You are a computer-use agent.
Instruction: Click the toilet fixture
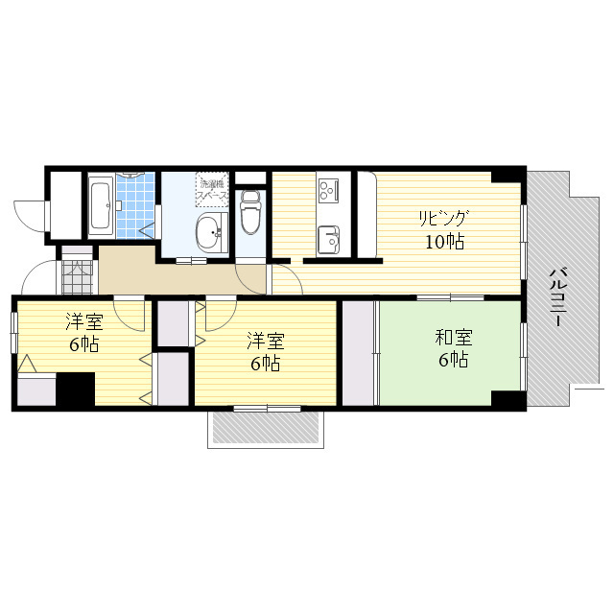(x=250, y=212)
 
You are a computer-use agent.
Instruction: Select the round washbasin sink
(x=212, y=232)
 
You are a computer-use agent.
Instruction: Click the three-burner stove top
(x=328, y=191)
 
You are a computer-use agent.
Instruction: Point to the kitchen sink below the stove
(x=328, y=240)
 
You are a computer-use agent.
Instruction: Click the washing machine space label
(x=212, y=189)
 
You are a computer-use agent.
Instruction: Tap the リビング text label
(x=443, y=218)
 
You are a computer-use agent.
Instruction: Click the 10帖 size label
(x=445, y=242)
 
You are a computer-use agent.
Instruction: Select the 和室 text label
(x=454, y=338)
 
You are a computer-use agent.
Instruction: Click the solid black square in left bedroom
(x=76, y=389)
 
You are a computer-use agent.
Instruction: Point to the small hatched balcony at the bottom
(x=266, y=427)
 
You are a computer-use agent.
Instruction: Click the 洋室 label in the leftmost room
(x=84, y=321)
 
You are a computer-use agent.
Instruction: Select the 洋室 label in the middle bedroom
(x=266, y=342)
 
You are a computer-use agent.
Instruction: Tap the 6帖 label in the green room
(x=454, y=360)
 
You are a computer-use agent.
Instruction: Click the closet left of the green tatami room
(x=358, y=353)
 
